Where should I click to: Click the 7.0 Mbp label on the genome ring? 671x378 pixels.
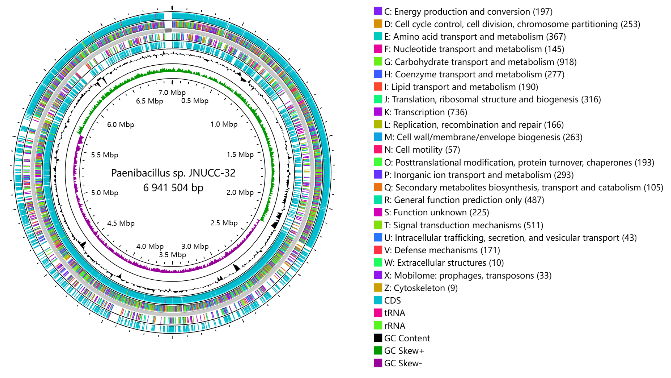(172, 93)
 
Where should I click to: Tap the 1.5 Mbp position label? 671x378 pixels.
(240, 155)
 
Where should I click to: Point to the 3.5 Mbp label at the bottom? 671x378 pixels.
(173, 255)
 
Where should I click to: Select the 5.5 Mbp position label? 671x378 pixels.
(105, 155)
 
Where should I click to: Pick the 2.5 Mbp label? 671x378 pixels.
(224, 223)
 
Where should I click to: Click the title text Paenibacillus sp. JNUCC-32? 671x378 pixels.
(173, 173)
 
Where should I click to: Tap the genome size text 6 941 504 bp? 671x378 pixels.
(173, 187)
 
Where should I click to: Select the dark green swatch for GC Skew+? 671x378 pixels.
(378, 350)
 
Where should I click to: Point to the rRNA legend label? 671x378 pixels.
(394, 326)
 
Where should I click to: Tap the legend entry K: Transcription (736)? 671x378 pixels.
(426, 112)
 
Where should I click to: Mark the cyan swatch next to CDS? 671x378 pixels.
(378, 300)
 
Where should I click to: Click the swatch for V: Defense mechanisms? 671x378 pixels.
(378, 250)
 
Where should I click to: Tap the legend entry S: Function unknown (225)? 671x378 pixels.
(437, 212)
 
